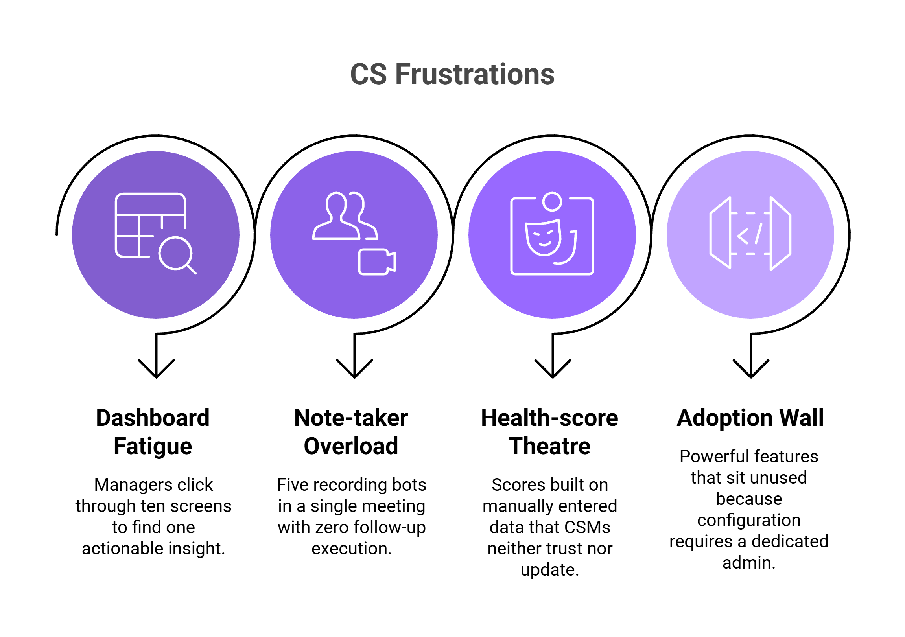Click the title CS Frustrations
point(452,74)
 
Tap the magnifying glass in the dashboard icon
point(176,254)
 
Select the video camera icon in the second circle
point(376,262)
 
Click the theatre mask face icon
point(544,237)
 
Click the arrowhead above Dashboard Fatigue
point(157,368)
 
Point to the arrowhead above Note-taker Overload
point(354,368)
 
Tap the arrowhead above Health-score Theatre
point(553,368)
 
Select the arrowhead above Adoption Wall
point(750,368)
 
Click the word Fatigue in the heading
point(153,446)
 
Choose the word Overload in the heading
point(351,446)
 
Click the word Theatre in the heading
point(549,446)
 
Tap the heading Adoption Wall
point(750,418)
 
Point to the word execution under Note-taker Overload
point(351,548)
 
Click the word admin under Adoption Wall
point(748,563)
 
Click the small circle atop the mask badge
point(552,201)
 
